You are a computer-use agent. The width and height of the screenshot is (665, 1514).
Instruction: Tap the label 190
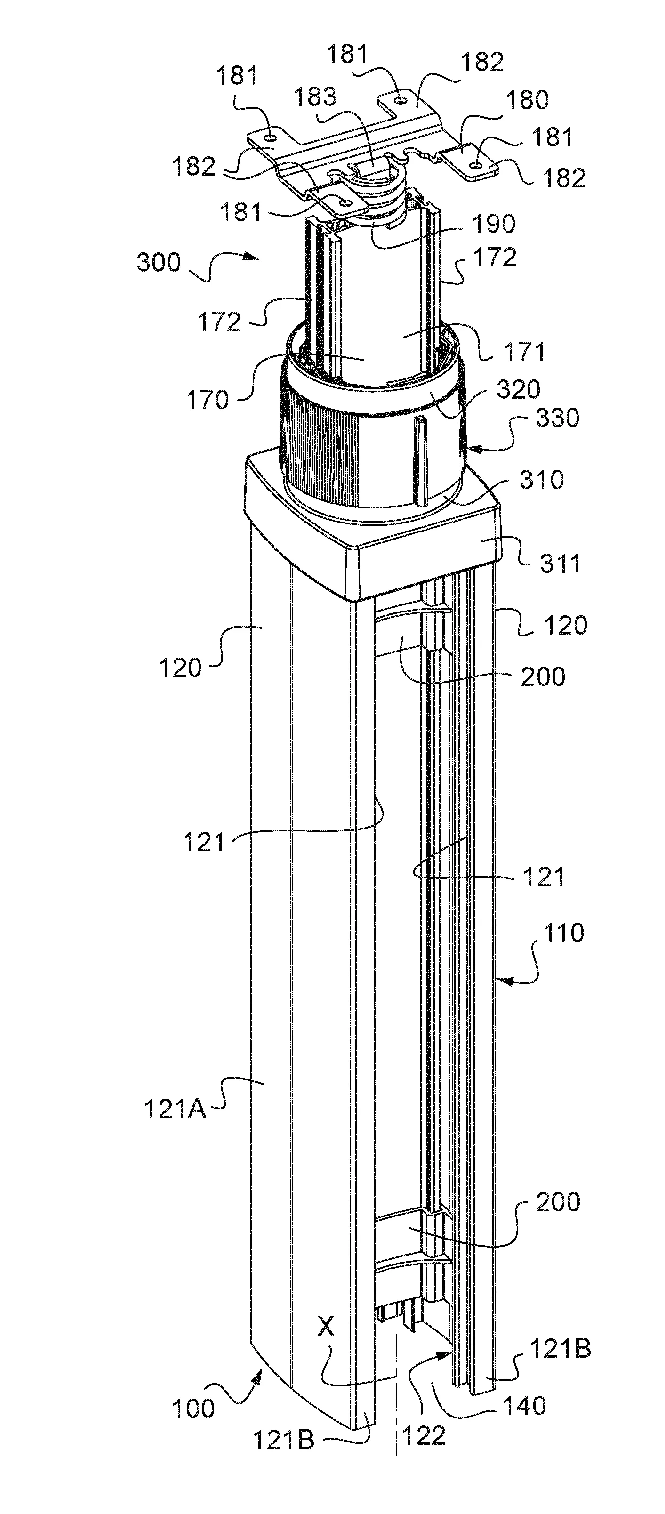point(494,224)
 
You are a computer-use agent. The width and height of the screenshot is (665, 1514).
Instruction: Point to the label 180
point(528,100)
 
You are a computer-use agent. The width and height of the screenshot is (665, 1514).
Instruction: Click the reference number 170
point(208,400)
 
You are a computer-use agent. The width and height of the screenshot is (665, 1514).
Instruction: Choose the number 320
point(518,390)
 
